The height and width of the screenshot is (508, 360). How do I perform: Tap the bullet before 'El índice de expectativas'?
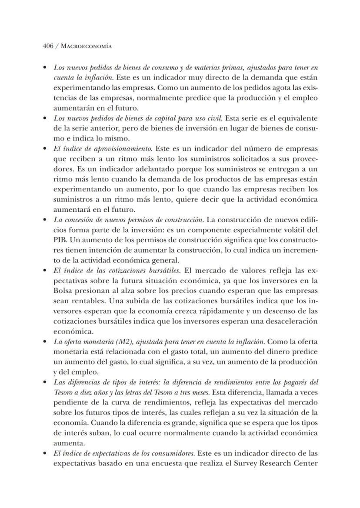(45, 453)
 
